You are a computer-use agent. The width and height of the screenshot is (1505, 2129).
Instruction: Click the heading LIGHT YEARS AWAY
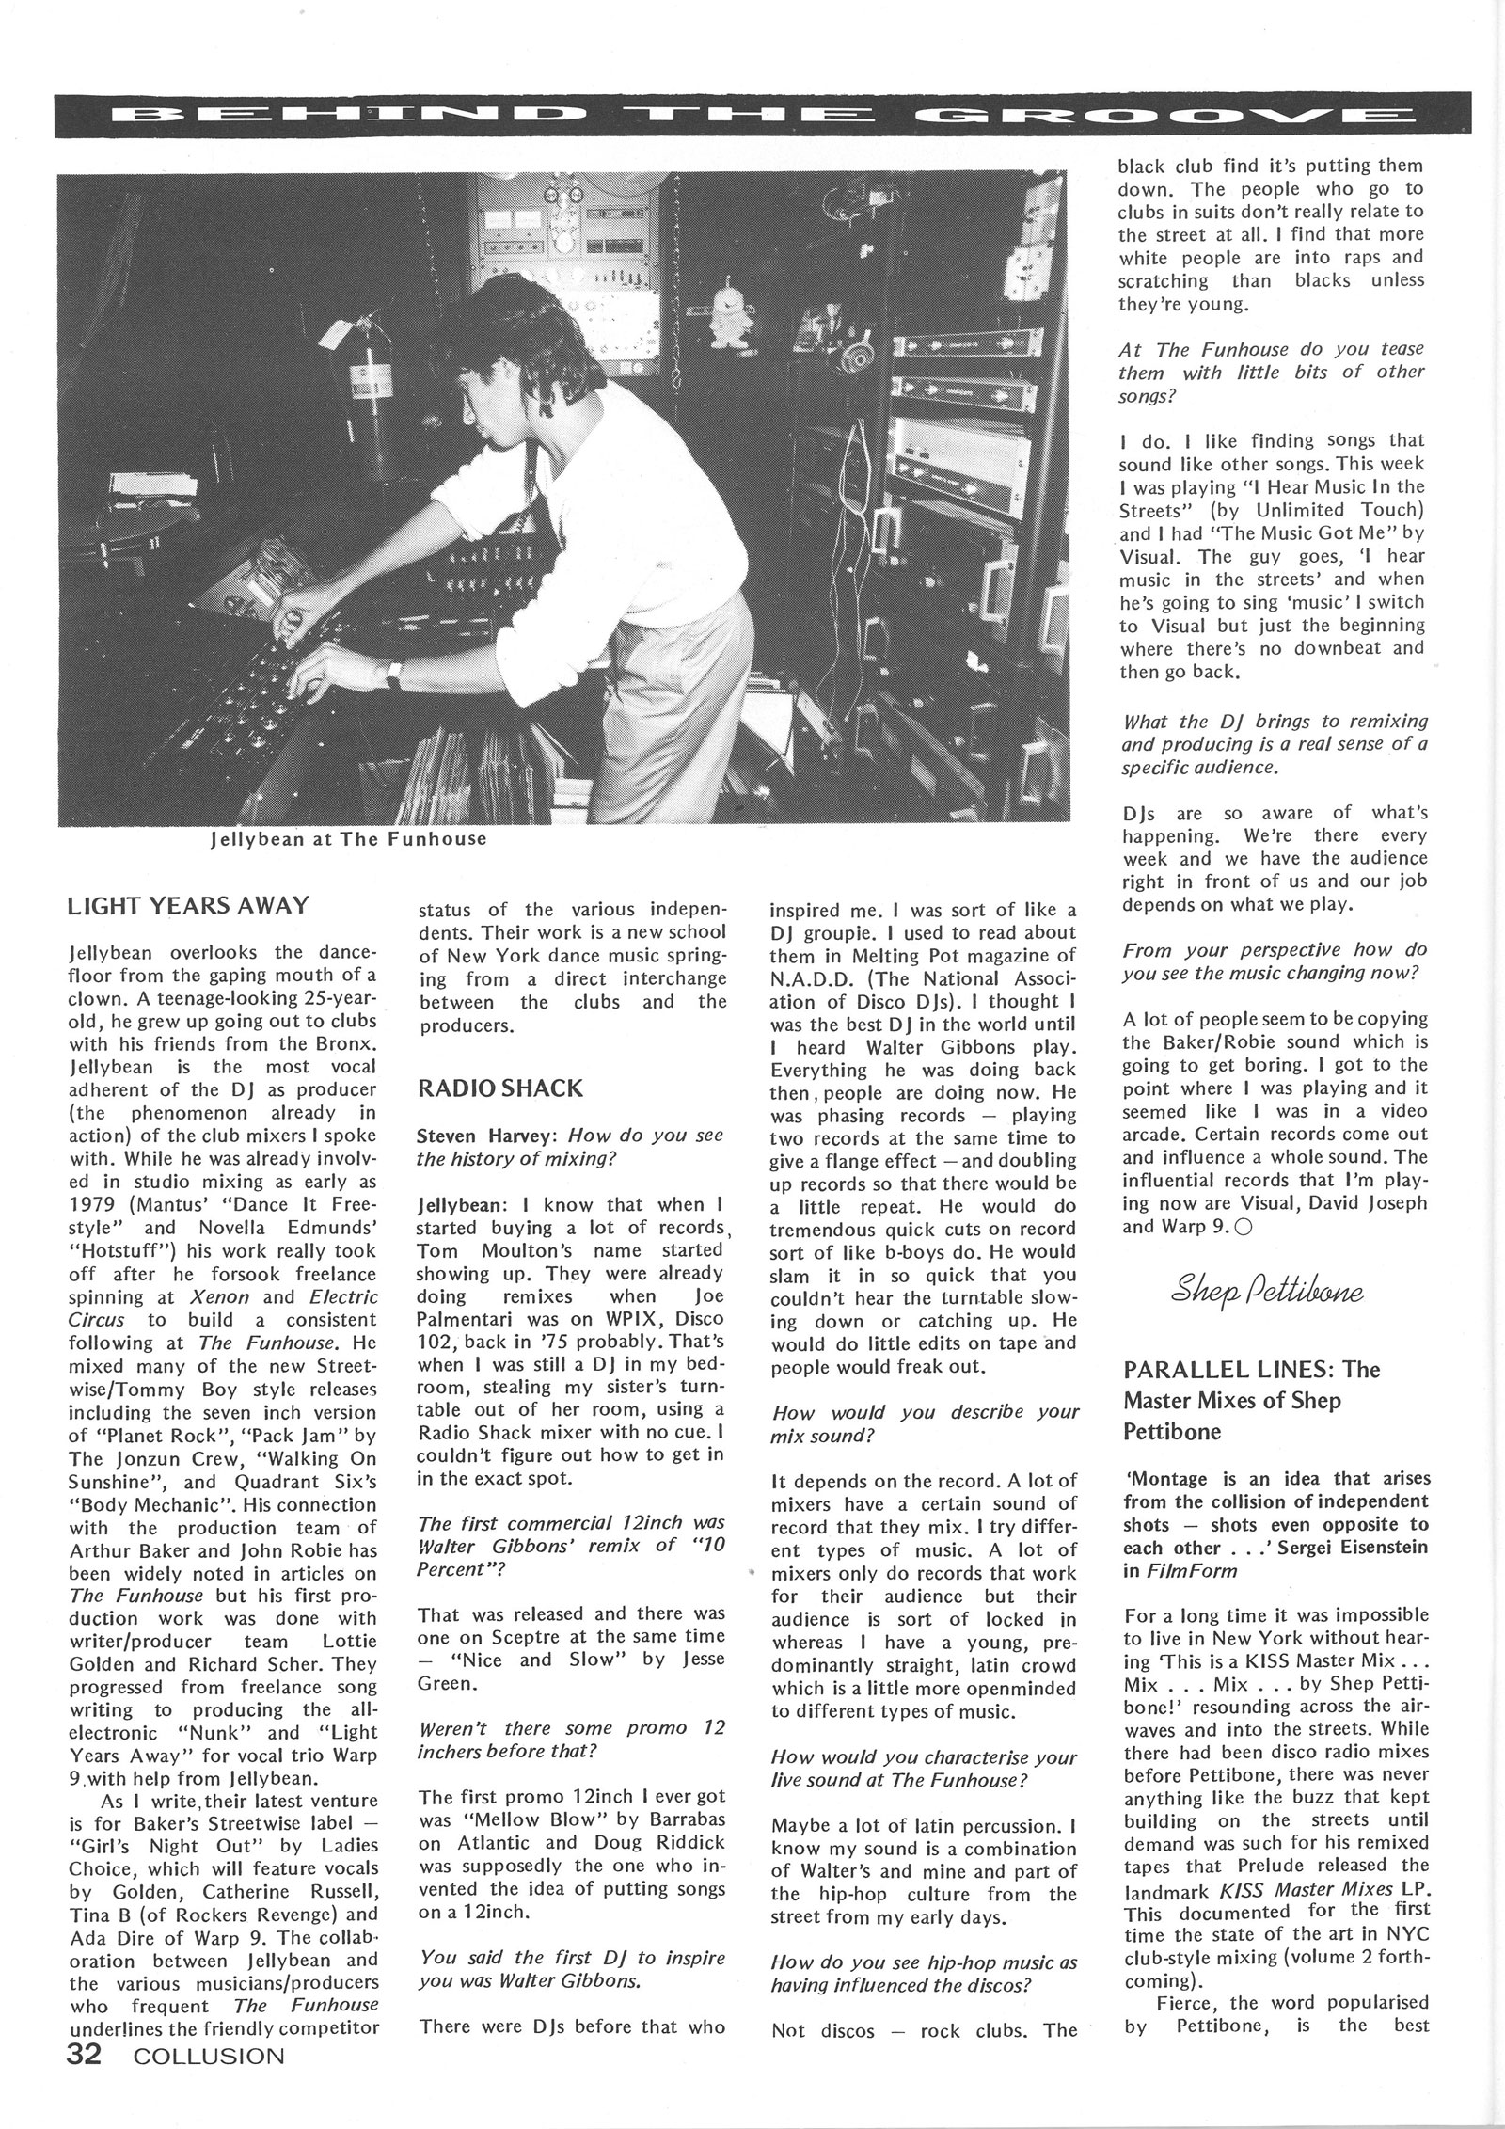click(189, 906)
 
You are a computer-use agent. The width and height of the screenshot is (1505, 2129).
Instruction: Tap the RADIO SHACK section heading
click(499, 1088)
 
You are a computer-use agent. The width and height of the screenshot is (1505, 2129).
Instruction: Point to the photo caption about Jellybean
click(348, 838)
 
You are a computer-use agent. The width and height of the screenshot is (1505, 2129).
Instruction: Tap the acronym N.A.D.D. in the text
click(815, 978)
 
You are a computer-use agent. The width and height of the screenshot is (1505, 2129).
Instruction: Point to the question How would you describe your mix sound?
click(924, 1425)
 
